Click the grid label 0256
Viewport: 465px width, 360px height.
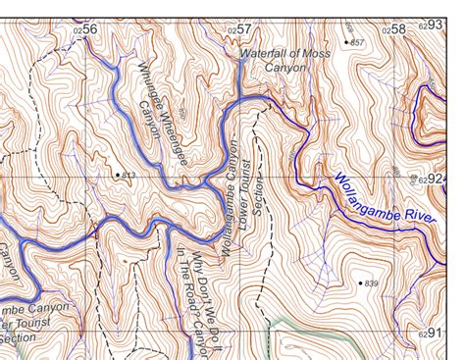86,29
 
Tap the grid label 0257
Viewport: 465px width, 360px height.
241,29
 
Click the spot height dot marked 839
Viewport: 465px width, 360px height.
359,283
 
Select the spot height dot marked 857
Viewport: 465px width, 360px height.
346,42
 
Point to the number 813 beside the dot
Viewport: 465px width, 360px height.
129,176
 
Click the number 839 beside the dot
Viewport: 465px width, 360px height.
370,283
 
